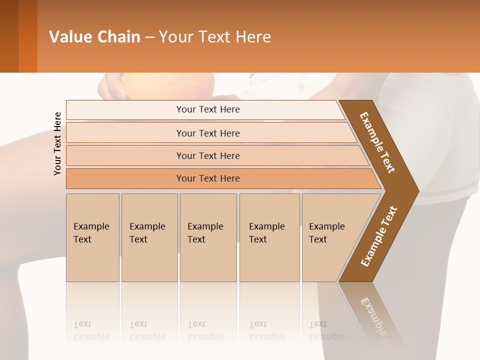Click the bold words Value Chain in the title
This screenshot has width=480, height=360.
pos(94,37)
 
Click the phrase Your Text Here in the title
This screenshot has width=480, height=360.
pos(215,37)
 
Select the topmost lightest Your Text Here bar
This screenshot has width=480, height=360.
pos(208,109)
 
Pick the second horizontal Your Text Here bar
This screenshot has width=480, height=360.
pos(208,133)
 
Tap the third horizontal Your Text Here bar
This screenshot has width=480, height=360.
pos(208,155)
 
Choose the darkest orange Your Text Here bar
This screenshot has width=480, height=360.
pos(208,178)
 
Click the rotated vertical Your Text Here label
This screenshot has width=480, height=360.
pos(57,143)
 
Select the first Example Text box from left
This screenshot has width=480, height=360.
pos(92,237)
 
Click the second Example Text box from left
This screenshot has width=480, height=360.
pos(149,237)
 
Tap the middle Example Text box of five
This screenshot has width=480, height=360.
pos(208,237)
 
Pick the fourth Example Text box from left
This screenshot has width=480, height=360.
pos(269,237)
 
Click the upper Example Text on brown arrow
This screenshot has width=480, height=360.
pos(377,143)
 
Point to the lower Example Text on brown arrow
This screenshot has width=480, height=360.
pos(378,236)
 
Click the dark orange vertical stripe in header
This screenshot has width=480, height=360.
pos(28,36)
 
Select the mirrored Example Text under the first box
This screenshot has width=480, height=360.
pos(91,330)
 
